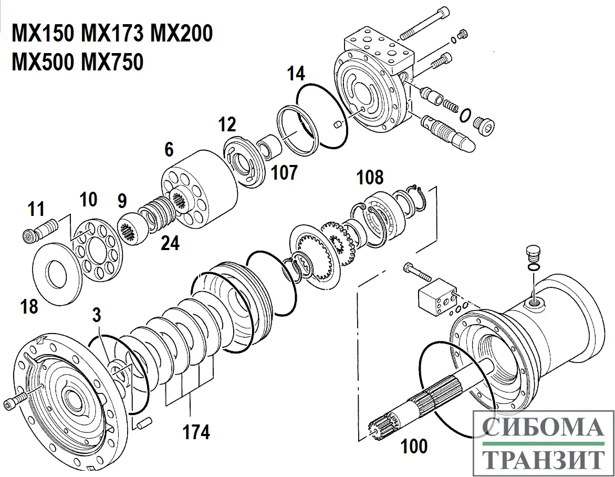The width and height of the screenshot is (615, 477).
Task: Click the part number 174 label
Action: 196,432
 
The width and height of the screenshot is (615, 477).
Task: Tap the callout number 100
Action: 414,447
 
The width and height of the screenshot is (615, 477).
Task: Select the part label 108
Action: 370,178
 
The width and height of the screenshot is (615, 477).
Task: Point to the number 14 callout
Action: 296,74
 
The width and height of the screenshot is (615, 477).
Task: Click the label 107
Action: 284,172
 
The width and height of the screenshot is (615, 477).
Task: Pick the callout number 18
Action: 29,306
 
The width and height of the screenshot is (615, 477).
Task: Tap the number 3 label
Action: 96,315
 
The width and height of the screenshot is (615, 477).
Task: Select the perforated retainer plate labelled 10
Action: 95,247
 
